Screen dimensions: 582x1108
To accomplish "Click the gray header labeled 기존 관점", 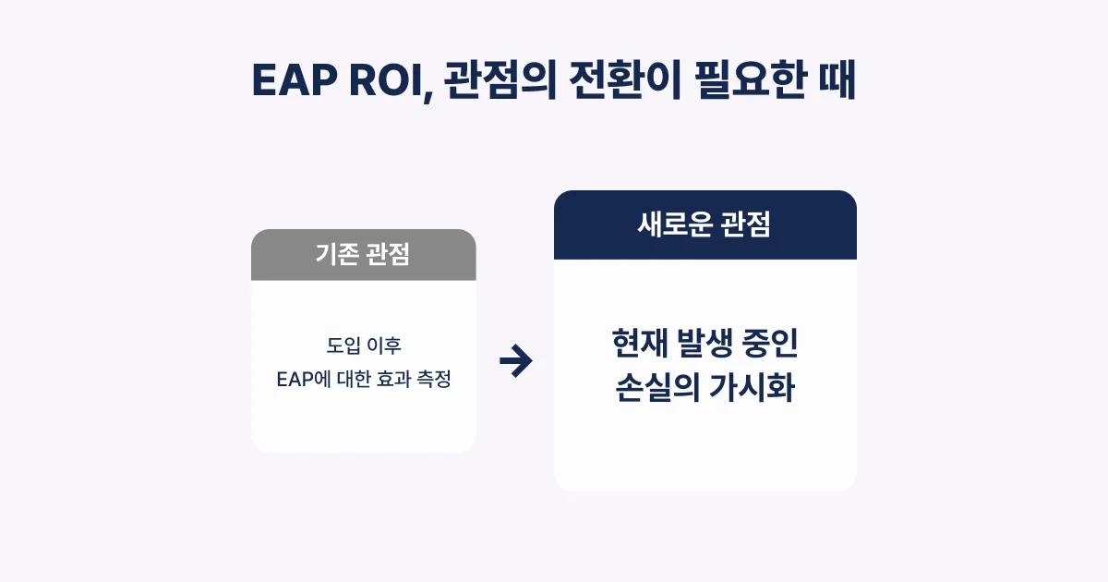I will [363, 255].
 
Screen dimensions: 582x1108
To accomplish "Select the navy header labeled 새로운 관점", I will [705, 224].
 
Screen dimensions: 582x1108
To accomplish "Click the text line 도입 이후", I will [364, 346].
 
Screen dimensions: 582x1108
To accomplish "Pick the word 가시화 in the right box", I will [753, 389].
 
